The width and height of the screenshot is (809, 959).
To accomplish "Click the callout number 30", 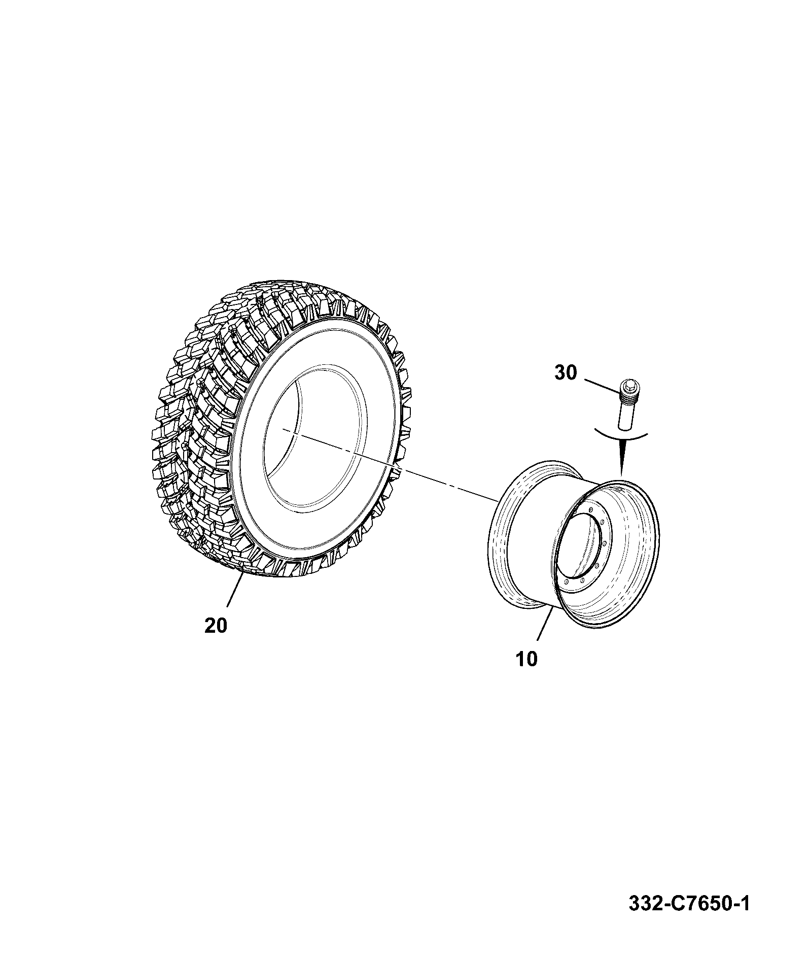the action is [x=566, y=373].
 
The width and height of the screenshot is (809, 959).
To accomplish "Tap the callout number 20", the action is [x=216, y=626].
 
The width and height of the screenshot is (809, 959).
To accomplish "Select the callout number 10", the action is [x=527, y=659].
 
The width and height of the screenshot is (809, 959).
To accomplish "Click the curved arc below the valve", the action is [x=621, y=435].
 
